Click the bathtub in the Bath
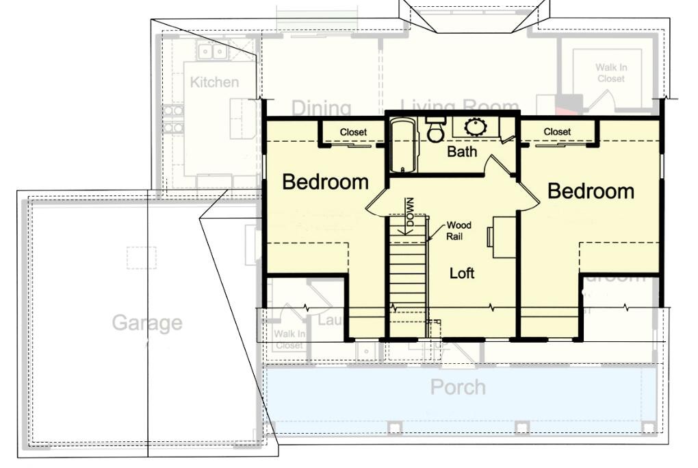coord(402,145)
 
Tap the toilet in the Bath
coord(435,130)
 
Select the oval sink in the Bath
coord(474,127)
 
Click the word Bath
coord(462,151)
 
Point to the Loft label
coord(462,273)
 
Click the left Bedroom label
coord(325,182)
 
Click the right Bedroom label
coord(591,190)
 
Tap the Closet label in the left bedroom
coord(353,132)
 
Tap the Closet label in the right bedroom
coord(557,132)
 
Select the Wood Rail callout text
coord(458,230)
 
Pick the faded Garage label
coord(147,322)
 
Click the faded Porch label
coord(458,387)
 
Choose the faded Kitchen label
coord(214,82)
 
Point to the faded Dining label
coord(321,108)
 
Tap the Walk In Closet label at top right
coord(610,73)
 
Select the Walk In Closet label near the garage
coord(289,340)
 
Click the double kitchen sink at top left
coord(211,51)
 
